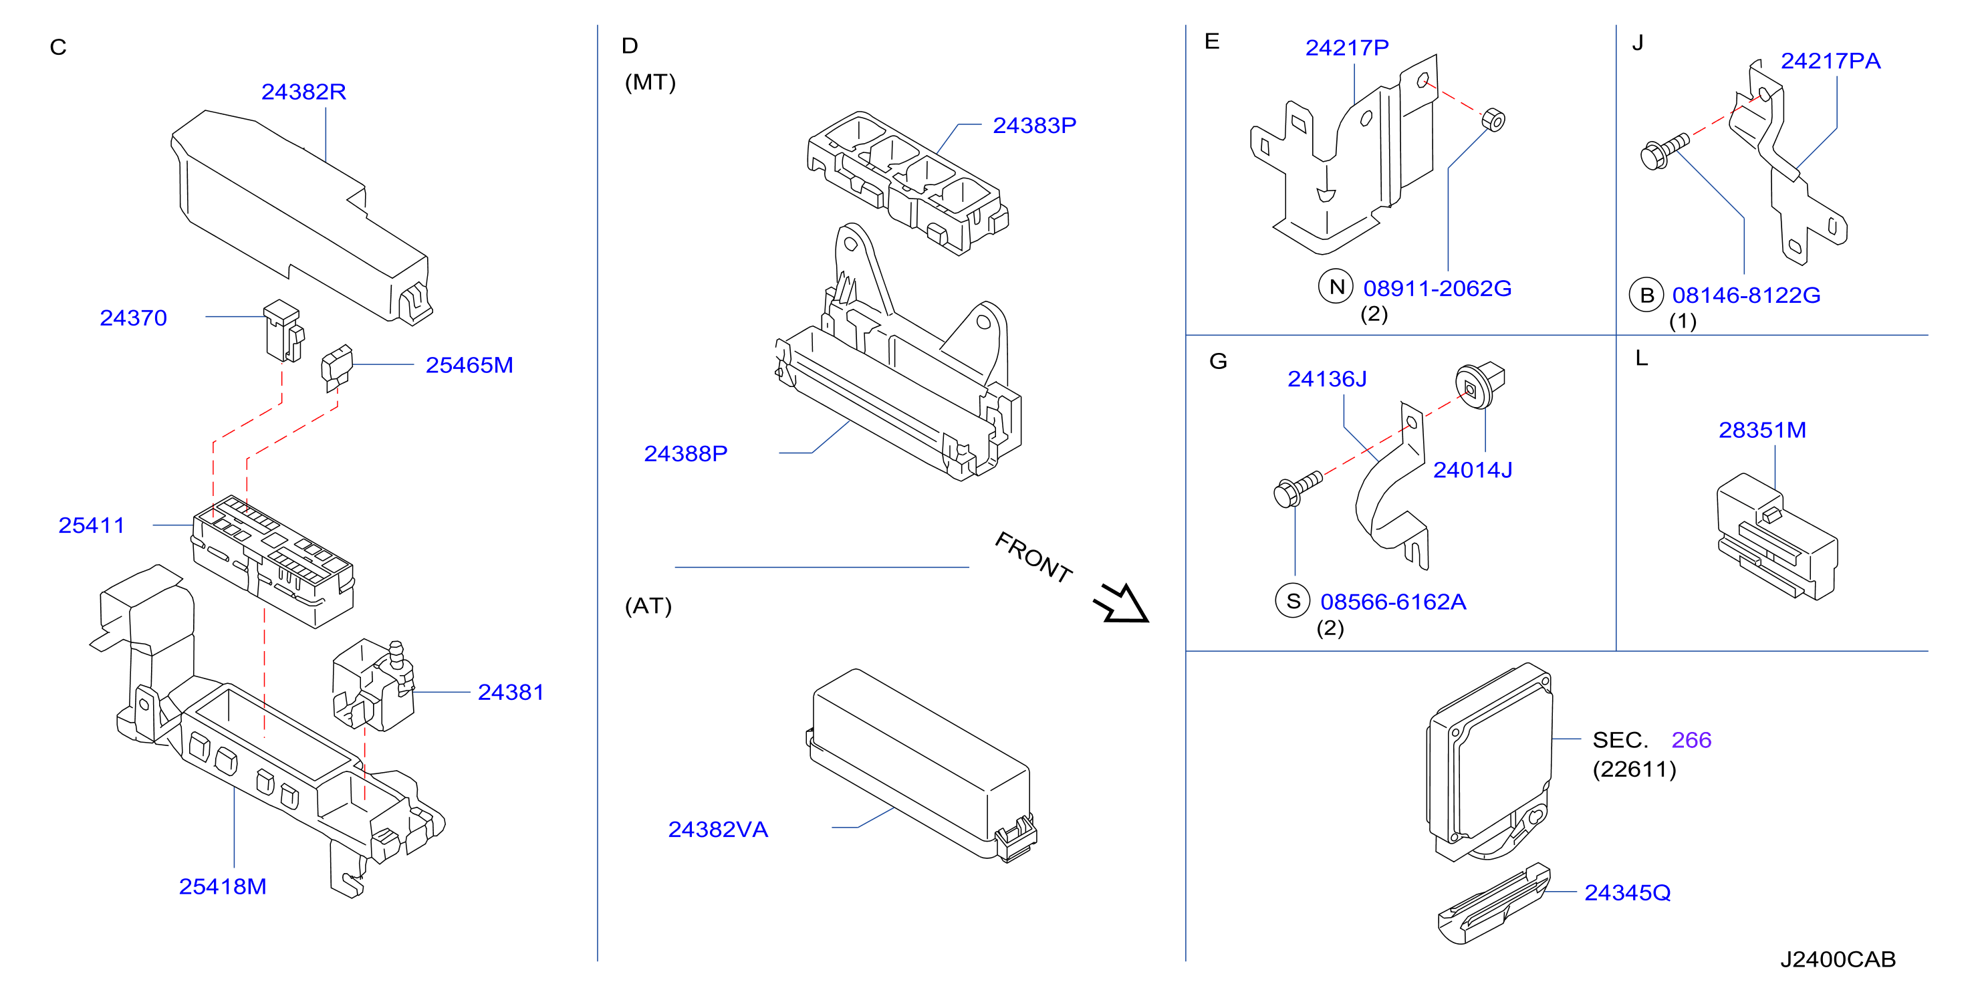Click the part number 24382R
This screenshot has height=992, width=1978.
303,92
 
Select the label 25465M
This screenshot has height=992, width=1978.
469,366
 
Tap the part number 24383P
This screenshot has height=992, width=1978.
1034,125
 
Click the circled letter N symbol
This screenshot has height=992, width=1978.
1336,287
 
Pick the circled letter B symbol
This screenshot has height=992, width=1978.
1646,295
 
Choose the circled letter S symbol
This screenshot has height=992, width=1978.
1293,601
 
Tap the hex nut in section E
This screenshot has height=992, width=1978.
1493,120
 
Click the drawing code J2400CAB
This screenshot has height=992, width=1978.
1838,959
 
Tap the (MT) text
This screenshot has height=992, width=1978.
650,82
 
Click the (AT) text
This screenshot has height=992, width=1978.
648,606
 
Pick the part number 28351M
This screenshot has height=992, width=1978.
1762,430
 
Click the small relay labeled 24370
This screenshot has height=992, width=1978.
283,330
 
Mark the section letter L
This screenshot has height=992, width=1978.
1641,358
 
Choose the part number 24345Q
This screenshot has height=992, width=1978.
1627,892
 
